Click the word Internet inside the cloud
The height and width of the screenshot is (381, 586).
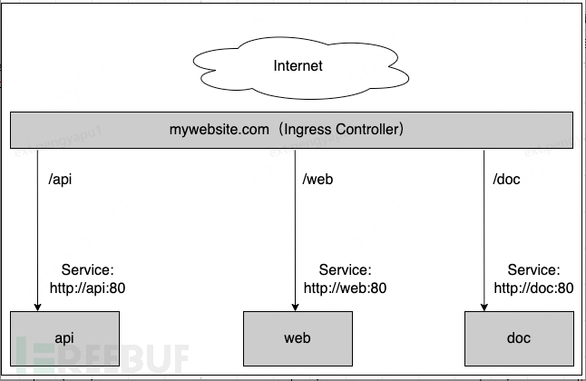pyautogui.click(x=298, y=66)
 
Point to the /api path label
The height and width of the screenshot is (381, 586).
pyautogui.click(x=60, y=179)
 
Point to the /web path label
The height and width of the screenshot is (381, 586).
pyautogui.click(x=317, y=179)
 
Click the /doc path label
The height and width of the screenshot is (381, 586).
pyautogui.click(x=506, y=179)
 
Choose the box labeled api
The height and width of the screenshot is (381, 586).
pyautogui.click(x=64, y=337)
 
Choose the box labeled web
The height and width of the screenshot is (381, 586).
pyautogui.click(x=298, y=337)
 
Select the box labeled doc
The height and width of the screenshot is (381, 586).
pyautogui.click(x=518, y=337)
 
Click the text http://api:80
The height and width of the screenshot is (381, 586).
pyautogui.click(x=89, y=288)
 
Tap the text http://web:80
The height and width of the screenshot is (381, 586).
pyautogui.click(x=346, y=288)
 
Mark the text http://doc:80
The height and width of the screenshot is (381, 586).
pyautogui.click(x=533, y=288)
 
